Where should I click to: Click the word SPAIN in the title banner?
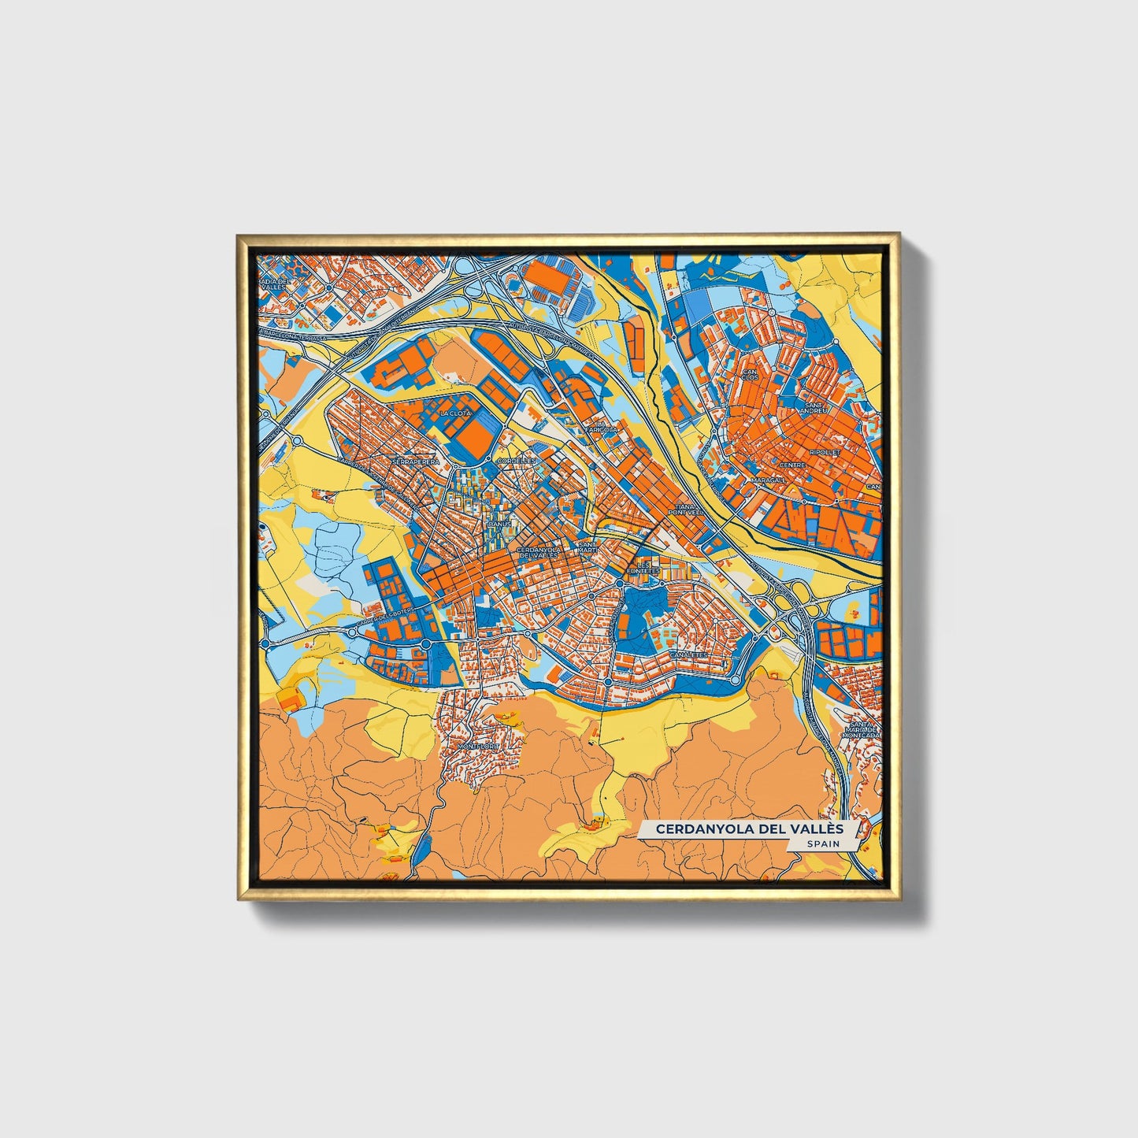pos(822,843)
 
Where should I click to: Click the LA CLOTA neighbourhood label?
pos(455,413)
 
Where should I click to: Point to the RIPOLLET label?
pos(826,453)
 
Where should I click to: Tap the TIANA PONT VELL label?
pos(684,510)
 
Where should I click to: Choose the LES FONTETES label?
pos(639,568)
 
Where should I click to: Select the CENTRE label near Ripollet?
pos(792,465)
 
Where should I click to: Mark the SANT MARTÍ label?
pos(588,547)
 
